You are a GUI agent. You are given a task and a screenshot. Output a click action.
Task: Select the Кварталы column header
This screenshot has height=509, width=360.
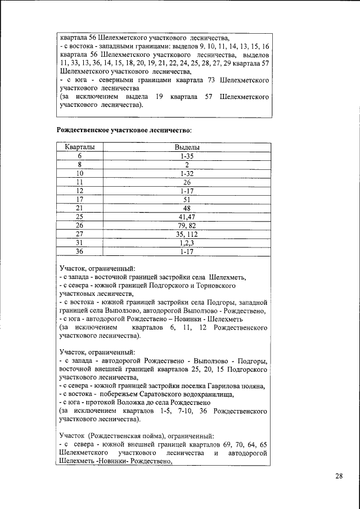80,147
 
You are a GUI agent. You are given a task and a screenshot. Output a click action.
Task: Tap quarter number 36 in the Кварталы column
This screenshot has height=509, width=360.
80,253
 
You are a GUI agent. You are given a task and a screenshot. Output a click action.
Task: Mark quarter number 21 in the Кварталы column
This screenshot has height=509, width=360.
80,208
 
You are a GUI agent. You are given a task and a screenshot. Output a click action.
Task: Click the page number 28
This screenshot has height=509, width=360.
339,476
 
